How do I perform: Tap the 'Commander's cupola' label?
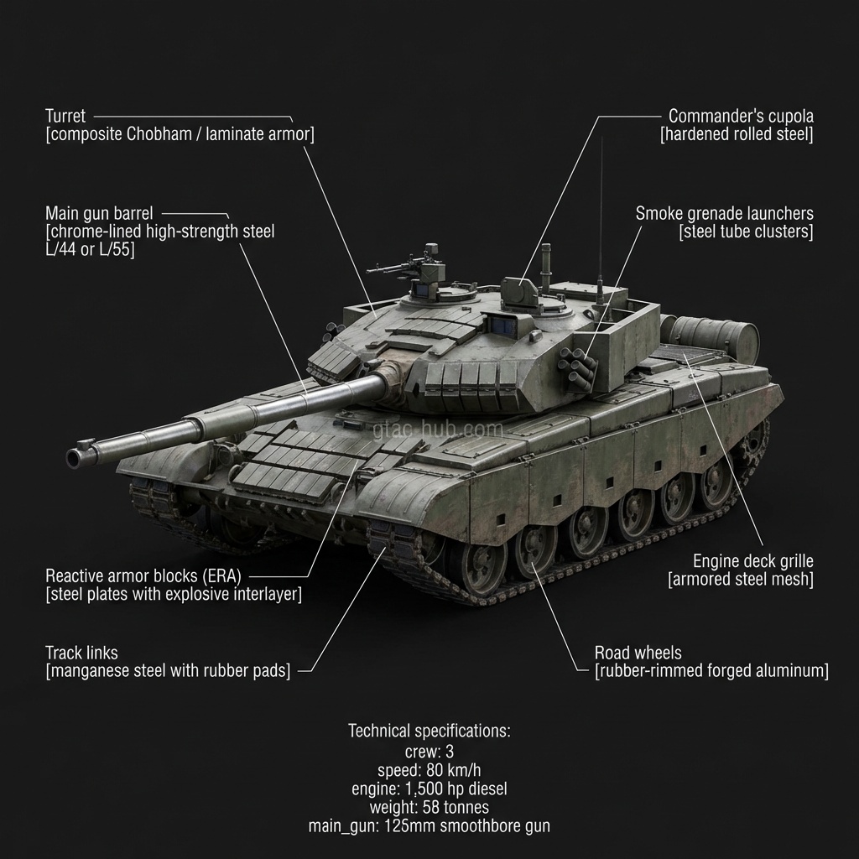741,117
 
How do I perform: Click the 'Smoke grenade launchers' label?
724,214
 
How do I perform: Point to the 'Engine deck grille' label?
752,560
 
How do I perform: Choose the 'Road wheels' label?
638,653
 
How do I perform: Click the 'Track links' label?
81,653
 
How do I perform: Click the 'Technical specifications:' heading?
429,731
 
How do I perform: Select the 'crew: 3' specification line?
429,752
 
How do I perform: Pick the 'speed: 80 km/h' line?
429,770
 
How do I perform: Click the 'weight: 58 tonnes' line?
429,807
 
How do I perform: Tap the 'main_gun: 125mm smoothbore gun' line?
429,826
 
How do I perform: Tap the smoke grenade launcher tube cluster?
581,369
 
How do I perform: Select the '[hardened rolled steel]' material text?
737,135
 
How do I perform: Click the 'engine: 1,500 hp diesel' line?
429,789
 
